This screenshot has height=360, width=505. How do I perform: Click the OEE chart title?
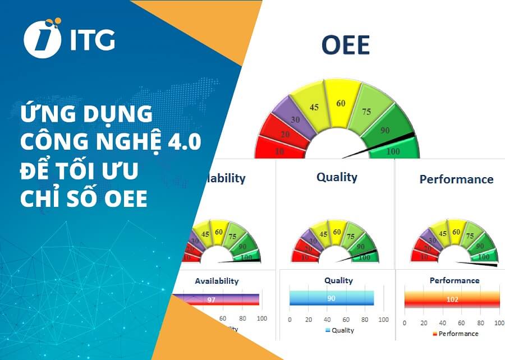click(x=345, y=45)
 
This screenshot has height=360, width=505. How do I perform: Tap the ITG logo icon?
click(x=42, y=38)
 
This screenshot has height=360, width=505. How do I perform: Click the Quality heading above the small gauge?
click(x=337, y=177)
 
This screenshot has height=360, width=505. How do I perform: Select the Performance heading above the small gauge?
click(x=456, y=179)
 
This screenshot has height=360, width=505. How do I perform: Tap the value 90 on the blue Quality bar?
click(x=331, y=298)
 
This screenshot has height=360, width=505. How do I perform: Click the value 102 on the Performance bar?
click(x=452, y=299)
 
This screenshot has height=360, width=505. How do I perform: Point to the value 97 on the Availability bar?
click(x=211, y=300)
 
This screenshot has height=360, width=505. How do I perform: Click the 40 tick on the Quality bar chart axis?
click(x=327, y=320)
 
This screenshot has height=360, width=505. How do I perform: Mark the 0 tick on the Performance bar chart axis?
click(x=405, y=323)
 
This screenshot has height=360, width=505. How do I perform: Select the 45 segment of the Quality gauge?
click(x=323, y=234)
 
